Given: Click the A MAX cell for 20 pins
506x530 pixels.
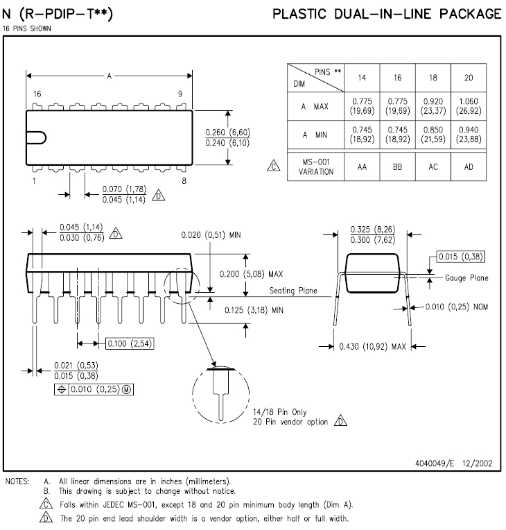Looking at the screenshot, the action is [x=469, y=106].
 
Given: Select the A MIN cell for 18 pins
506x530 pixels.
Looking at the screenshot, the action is [x=433, y=135].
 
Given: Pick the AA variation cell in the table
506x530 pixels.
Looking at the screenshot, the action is [x=362, y=166].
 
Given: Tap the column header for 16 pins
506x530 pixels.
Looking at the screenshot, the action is [x=398, y=78].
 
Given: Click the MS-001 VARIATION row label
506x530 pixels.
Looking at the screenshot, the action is [x=316, y=166].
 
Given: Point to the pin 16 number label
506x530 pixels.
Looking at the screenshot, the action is [x=37, y=94].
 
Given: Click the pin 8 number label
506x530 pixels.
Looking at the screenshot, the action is [x=184, y=181].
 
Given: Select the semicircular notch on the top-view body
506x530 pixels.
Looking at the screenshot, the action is [x=40, y=137].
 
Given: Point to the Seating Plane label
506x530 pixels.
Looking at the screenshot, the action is [x=293, y=291].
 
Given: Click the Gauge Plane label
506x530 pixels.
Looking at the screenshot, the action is [x=466, y=278].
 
